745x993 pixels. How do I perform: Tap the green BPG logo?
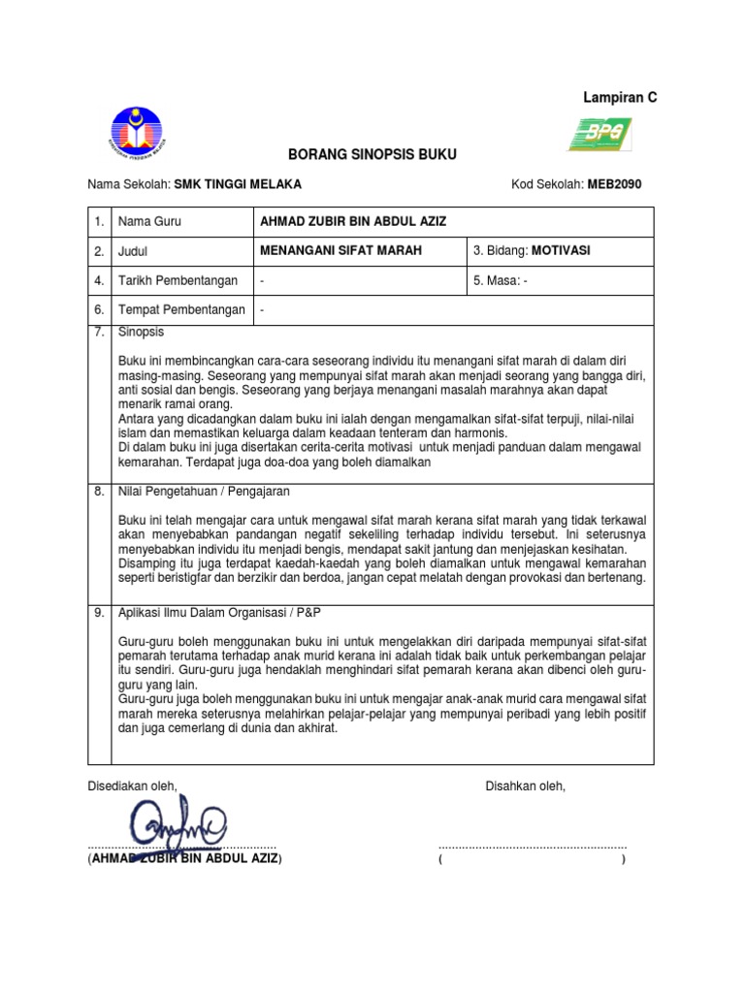pos(599,134)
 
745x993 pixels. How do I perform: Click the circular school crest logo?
pos(136,134)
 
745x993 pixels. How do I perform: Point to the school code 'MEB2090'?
pos(614,183)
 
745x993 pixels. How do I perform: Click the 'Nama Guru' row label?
pos(149,221)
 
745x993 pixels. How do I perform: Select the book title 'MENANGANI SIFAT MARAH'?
pos(341,250)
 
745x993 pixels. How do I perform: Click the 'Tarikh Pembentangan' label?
pos(178,280)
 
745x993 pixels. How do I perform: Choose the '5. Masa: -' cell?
pos(501,280)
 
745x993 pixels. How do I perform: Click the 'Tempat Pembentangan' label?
pos(180,310)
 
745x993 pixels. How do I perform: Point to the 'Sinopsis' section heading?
pos(142,332)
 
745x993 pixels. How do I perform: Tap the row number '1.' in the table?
pos(99,221)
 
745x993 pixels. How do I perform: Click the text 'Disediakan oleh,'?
pos(133,786)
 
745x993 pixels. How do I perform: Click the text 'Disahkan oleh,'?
pos(525,786)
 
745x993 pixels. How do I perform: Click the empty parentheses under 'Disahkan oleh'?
pos(532,859)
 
